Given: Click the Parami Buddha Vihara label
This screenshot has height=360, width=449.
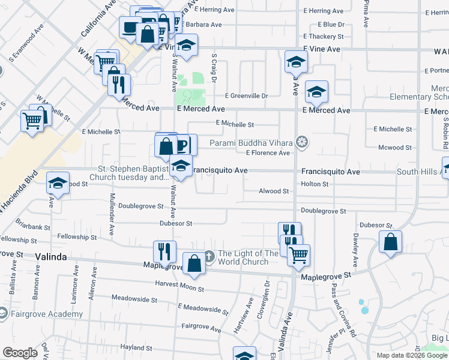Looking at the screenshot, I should tap(251, 143).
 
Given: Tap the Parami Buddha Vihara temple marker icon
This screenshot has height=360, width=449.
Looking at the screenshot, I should tap(303, 142).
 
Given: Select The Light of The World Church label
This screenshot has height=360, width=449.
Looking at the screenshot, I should tap(248, 257).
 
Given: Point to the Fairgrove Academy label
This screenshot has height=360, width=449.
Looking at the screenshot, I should tap(46, 314).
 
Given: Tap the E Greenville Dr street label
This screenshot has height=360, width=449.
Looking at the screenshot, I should tap(246, 95).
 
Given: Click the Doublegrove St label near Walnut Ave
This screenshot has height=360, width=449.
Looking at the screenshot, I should tap(140, 206).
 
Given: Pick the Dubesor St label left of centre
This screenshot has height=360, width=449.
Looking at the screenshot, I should tap(175, 223).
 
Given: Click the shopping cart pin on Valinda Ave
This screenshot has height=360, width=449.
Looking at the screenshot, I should tap(298, 256).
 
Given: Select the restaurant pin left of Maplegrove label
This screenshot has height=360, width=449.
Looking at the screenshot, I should tap(164, 252).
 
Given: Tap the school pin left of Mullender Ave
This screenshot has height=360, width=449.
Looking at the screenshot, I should tap(58, 184).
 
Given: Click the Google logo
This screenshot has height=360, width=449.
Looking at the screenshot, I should tap(20, 353).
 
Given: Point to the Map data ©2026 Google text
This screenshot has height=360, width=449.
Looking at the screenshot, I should tap(411, 355).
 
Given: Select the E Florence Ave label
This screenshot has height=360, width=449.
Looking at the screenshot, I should tap(268, 153).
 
